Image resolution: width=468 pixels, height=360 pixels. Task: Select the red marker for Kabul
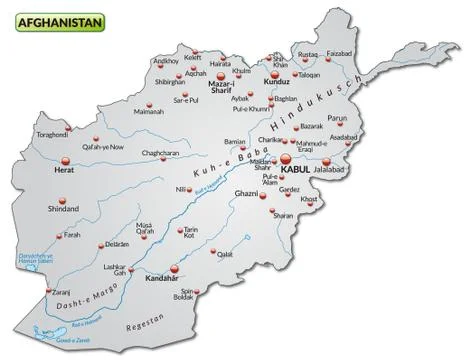[286, 158]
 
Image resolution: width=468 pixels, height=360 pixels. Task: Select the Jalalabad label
[334, 172]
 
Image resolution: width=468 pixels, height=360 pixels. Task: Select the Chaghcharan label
[160, 153]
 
